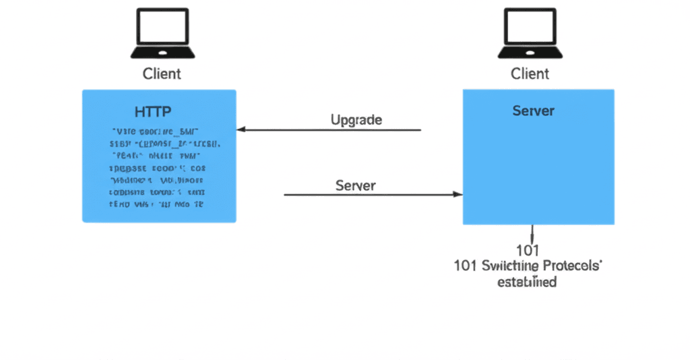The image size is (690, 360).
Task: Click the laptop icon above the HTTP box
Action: pos(162,33)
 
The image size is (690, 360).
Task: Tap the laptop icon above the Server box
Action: pos(530,33)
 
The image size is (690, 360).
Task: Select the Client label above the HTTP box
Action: pos(162,73)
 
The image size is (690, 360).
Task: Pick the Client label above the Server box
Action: pos(530,73)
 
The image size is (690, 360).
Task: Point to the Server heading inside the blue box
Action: pos(534,111)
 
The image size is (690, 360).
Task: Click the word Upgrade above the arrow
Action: pos(356,120)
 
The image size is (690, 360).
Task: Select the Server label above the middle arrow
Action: pos(356,185)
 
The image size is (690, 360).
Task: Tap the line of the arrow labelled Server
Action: pos(371,194)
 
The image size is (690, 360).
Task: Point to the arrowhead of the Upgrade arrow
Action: pos(241,129)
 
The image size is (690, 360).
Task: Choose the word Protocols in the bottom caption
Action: pos(572,266)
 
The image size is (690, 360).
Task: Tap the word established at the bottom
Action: pos(527,282)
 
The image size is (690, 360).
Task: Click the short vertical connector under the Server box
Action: pos(533,233)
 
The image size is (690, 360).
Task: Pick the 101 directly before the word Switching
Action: pos(466,266)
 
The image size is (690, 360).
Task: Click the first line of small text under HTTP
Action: pos(159,132)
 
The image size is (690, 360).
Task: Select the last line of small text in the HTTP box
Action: pos(156,203)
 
